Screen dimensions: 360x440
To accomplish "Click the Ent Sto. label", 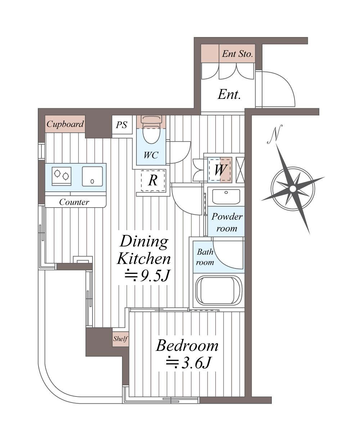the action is pos(238,54).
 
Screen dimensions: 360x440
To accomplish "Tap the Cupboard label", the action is pos(65,124).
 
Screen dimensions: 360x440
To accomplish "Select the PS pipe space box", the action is pos(122,125).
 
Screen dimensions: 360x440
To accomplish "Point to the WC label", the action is pos(151,155).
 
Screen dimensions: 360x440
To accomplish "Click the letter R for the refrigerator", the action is pos(153,181).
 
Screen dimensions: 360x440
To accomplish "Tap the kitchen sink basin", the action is pos(92,176).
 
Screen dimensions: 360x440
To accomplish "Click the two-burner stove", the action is pos(62,176).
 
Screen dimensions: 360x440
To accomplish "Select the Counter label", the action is pos(74,202).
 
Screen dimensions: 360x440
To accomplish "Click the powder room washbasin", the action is pos(226,196).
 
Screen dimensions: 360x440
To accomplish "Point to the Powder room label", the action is pos(227,223).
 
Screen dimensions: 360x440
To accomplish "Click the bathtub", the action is pos(219,291).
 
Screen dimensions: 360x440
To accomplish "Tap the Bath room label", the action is pos(205,257).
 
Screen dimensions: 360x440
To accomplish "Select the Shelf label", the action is pos(120,339).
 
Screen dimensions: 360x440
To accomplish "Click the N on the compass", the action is pos(275,134).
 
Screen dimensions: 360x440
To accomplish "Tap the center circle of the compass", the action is pos(293,189).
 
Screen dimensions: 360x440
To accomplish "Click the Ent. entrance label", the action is pos(229,95).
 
